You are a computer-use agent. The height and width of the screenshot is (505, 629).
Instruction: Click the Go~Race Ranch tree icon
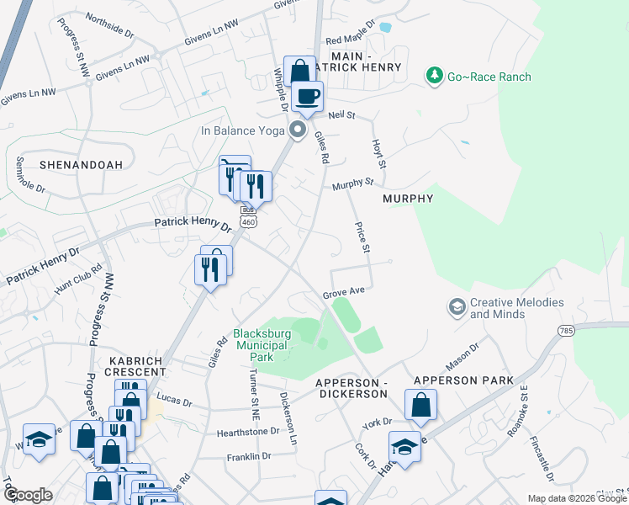click(x=435, y=77)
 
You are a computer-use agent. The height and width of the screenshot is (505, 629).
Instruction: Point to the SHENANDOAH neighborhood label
click(x=70, y=165)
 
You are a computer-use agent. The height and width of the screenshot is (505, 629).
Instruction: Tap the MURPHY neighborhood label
click(x=408, y=199)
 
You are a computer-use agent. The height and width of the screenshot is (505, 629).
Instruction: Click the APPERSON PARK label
click(x=462, y=380)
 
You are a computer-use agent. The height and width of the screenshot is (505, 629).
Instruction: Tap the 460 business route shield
click(x=247, y=216)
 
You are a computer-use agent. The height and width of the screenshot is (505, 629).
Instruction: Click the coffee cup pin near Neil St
click(x=309, y=96)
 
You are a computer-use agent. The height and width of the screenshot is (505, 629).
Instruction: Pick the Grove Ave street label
click(x=343, y=293)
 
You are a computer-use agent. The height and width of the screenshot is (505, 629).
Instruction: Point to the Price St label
click(x=362, y=237)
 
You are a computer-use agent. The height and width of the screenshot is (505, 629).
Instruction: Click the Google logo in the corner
click(x=28, y=495)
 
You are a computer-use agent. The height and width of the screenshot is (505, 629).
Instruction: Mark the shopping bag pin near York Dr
click(x=420, y=405)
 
